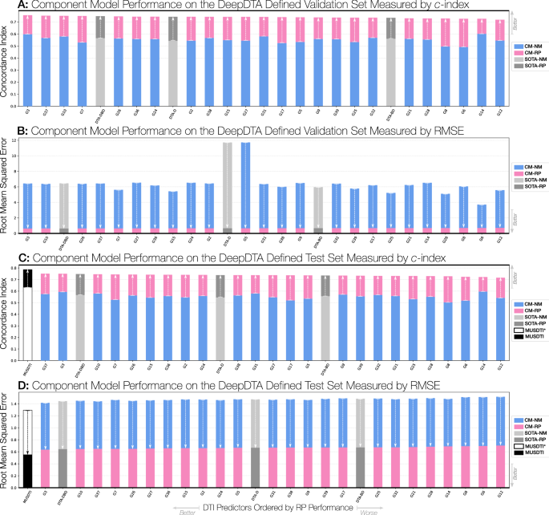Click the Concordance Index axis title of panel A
click(x=6, y=59)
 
